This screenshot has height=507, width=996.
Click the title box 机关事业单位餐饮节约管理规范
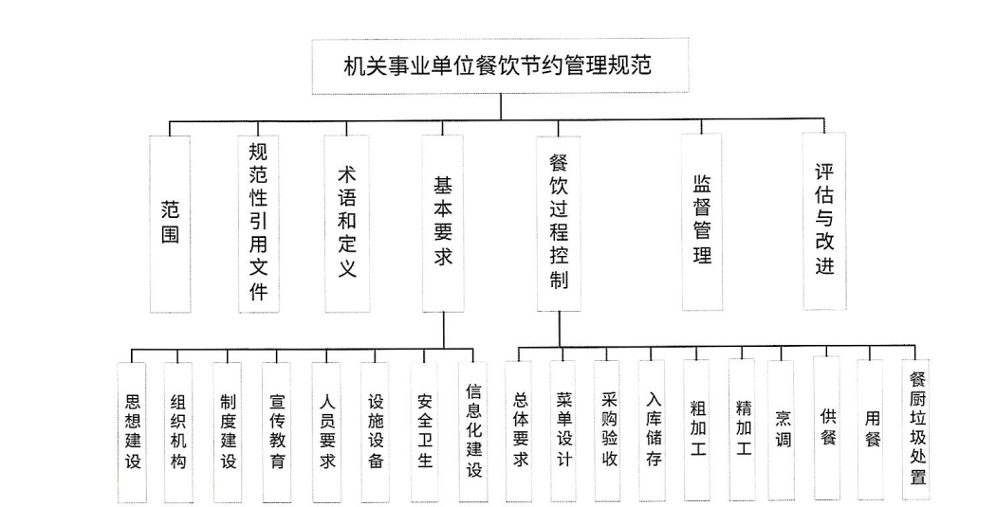[500, 66]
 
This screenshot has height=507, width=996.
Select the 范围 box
[170, 224]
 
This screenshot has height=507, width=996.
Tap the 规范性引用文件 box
[258, 224]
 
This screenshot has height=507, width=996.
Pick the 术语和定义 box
[346, 224]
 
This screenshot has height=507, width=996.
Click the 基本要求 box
[443, 224]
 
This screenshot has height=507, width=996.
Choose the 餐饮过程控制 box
[559, 224]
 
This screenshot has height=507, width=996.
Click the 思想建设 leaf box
[133, 432]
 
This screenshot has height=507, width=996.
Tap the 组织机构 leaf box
[178, 432]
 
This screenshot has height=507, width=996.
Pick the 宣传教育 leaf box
[277, 432]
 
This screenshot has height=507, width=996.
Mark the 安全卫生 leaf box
[424, 432]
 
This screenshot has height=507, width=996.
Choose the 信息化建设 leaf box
[473, 431]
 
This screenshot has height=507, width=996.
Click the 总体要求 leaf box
[520, 431]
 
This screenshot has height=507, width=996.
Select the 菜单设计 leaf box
[564, 431]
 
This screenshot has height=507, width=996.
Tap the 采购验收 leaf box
[607, 431]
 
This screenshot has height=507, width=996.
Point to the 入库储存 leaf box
[653, 431]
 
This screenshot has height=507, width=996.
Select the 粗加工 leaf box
[696, 430]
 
